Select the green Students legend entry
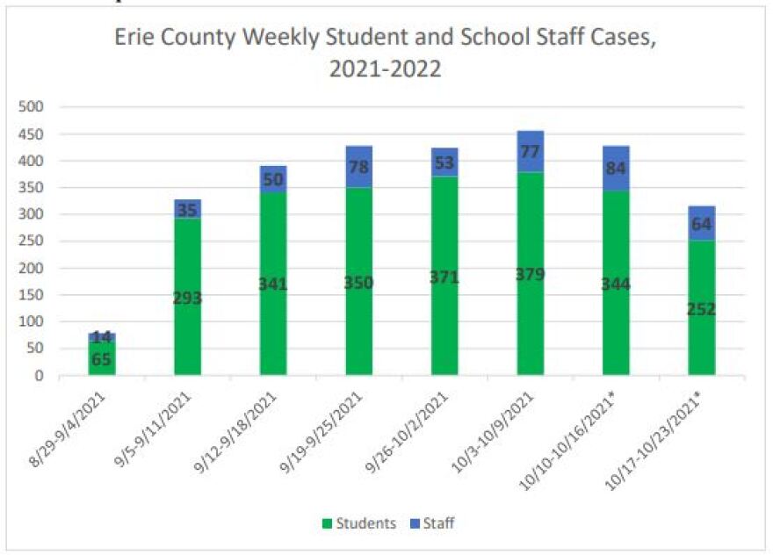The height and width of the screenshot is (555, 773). pyautogui.click(x=358, y=523)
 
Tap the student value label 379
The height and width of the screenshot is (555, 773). pyautogui.click(x=530, y=274)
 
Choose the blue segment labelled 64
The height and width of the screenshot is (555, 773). pyautogui.click(x=701, y=223)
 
